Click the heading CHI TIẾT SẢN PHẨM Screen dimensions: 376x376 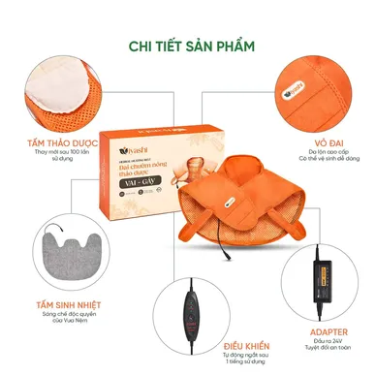click(x=188, y=47)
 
